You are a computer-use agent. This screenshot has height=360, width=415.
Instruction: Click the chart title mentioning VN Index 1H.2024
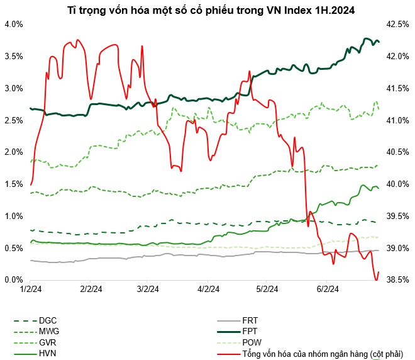(x=207, y=10)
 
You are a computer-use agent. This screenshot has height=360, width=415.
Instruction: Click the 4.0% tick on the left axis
(x=13, y=24)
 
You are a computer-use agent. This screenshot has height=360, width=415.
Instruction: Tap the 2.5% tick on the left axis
(x=13, y=120)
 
